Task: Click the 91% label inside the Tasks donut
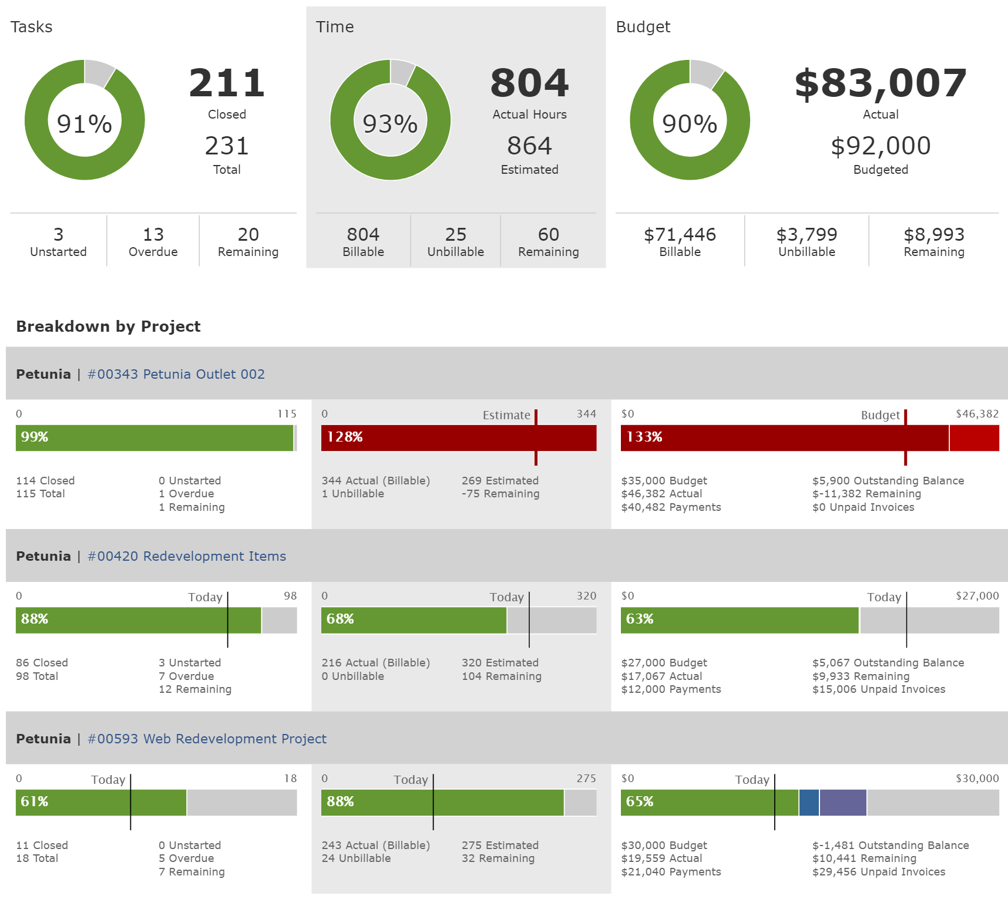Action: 85,124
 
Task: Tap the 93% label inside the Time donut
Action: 390,124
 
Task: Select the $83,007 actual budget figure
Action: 880,83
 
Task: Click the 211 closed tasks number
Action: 227,83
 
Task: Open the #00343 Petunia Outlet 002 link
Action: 176,374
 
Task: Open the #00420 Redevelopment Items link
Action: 187,556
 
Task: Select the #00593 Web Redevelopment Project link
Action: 207,739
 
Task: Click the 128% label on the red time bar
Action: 345,437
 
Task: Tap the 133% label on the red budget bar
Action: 644,437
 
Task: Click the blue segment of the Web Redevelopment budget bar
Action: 809,802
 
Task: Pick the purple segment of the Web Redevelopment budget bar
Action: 843,802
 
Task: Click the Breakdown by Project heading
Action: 109,326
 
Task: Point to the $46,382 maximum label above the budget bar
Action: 977,414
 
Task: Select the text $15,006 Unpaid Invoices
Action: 879,689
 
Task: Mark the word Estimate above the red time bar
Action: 506,415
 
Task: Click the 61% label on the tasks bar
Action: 35,801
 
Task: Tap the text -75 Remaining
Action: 500,494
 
